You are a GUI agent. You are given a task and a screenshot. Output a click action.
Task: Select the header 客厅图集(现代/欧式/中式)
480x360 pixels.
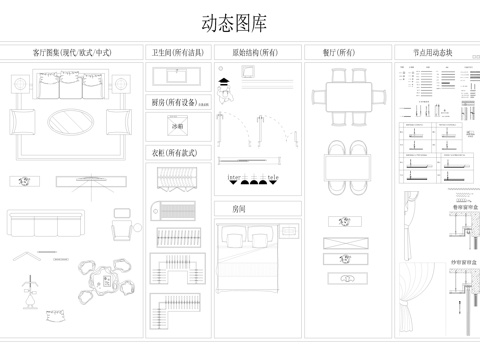tap(72, 51)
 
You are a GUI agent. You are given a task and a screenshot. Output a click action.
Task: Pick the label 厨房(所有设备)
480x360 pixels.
tap(176, 102)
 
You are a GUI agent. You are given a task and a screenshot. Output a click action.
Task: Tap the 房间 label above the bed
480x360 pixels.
tap(238, 210)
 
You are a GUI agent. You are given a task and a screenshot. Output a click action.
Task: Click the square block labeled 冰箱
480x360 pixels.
tap(178, 127)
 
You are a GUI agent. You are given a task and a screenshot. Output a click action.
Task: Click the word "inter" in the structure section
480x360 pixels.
tap(234, 176)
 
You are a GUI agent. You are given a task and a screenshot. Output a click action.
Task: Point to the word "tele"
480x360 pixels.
tap(273, 176)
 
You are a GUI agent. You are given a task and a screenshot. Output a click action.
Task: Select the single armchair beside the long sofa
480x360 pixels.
tap(122, 226)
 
